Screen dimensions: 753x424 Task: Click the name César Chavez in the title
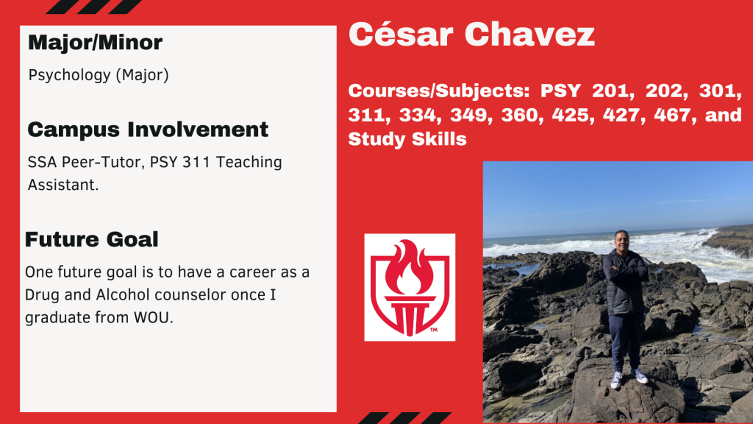tap(471, 35)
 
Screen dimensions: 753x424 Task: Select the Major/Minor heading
tap(95, 42)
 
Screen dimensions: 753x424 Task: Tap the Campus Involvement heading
tap(148, 130)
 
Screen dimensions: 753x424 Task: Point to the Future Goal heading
tap(92, 239)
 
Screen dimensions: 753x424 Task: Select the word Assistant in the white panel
tap(63, 185)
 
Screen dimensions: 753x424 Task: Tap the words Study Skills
tap(407, 139)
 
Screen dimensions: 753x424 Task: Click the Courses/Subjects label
tap(439, 91)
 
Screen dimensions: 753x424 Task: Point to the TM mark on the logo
tap(434, 330)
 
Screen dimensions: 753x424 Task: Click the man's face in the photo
tap(621, 241)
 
